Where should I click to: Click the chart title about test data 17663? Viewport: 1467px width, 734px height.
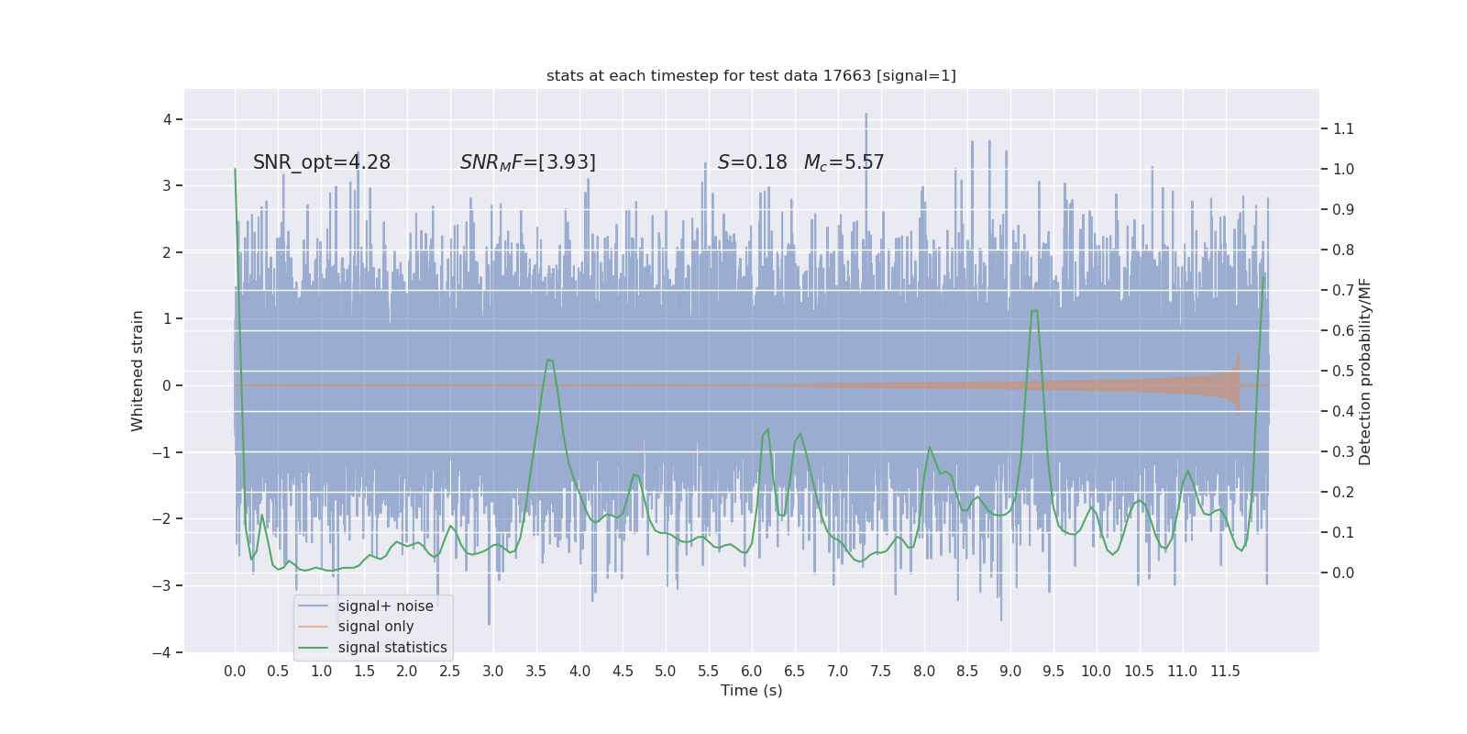tap(751, 75)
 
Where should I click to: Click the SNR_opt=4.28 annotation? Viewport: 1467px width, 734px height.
tap(321, 162)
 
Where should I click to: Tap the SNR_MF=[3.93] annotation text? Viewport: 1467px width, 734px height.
tap(527, 162)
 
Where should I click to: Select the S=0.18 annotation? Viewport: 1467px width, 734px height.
tap(752, 162)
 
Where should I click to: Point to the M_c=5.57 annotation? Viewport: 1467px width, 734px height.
tap(844, 162)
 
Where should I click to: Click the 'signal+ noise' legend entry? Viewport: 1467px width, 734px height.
tap(385, 606)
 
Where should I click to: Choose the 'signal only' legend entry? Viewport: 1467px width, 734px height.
tap(376, 627)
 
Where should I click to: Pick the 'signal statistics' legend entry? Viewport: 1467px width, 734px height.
tap(392, 648)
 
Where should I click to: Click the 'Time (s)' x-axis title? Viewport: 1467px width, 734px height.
tap(751, 690)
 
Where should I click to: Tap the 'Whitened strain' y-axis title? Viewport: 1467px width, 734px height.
tap(138, 371)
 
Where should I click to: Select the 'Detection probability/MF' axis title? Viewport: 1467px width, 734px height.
tap(1365, 371)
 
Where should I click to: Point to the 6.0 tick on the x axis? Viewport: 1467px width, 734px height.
tap(752, 671)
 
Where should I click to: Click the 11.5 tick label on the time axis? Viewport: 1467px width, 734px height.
tap(1225, 671)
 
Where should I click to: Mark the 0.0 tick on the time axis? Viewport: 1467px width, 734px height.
tap(235, 671)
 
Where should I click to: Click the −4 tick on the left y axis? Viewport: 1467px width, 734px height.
tap(165, 652)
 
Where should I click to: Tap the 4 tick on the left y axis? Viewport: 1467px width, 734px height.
tap(167, 119)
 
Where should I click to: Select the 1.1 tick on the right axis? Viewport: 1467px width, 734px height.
tap(1343, 128)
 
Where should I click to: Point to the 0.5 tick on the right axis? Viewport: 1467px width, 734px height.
tap(1343, 371)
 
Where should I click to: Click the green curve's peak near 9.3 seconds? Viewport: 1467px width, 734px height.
tap(1034, 310)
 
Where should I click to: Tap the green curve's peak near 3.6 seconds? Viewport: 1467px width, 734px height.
tap(549, 360)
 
